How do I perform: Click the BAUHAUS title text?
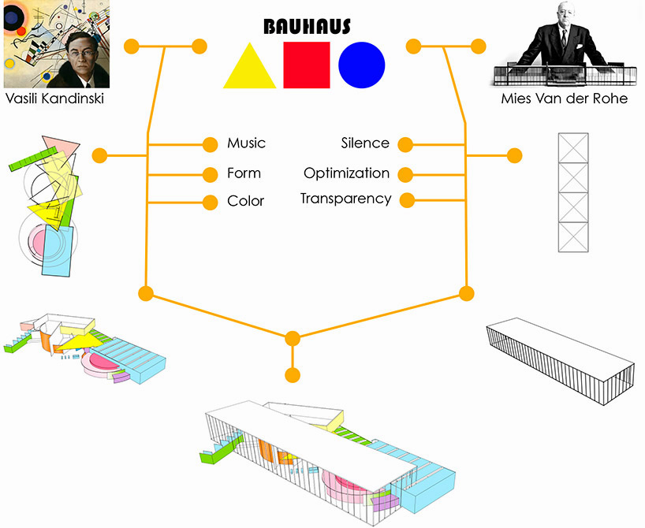(307, 27)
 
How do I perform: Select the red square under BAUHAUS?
(306, 65)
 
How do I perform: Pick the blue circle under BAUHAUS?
(362, 65)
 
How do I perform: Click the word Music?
(246, 143)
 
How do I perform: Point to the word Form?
(244, 173)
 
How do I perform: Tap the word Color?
(245, 201)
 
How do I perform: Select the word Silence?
(365, 143)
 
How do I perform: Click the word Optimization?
(346, 173)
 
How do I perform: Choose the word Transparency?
(345, 199)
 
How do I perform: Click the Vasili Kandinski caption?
(54, 99)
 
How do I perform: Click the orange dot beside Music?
(210, 144)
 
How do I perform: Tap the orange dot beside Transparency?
(407, 200)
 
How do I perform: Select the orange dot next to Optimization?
(406, 173)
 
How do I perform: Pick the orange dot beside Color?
(210, 202)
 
